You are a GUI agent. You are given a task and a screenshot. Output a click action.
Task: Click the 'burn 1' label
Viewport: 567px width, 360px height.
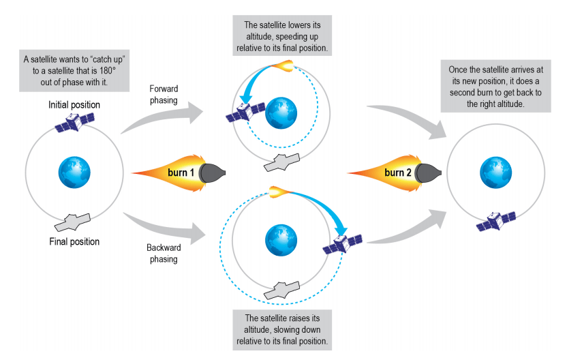[x=182, y=173]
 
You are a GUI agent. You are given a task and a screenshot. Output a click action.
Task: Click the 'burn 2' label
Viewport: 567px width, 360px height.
[x=398, y=173]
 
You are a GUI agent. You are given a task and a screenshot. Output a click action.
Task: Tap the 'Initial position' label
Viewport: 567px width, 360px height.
[x=74, y=106]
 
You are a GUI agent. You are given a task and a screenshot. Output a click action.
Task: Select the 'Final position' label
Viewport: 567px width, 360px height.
[x=74, y=241]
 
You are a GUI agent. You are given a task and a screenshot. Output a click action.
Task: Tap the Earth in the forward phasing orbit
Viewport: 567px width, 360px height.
[x=279, y=111]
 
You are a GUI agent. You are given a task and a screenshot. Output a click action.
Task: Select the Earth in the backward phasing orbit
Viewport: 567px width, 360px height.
[x=280, y=237]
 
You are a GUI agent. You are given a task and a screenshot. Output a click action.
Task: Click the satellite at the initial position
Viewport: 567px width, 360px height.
[x=74, y=123]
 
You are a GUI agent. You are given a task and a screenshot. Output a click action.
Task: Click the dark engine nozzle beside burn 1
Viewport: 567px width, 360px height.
[x=213, y=173]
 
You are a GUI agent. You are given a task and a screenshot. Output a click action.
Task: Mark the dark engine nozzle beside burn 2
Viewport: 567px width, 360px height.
[x=429, y=173]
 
